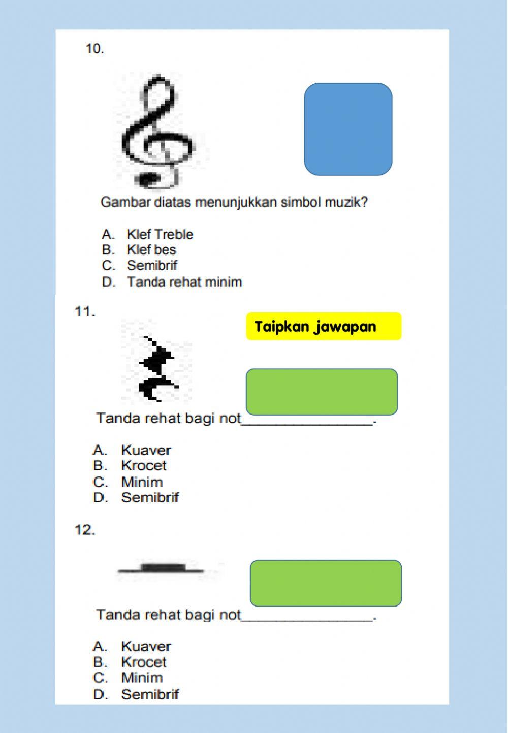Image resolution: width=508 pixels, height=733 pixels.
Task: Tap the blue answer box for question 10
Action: coord(348,129)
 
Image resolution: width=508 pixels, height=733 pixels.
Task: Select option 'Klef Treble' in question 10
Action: coord(160,234)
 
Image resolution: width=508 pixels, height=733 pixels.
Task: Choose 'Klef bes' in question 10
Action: coord(151,250)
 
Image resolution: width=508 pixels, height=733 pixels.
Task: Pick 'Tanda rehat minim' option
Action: coord(184,282)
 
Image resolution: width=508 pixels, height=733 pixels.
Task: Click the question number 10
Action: coord(95,49)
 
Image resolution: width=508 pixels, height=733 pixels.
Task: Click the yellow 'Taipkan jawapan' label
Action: coord(324,326)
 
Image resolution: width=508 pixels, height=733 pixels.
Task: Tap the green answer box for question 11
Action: coord(322,392)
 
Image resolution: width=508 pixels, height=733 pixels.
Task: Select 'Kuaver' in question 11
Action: coord(146,450)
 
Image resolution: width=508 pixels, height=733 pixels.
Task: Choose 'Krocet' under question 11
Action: coord(144,465)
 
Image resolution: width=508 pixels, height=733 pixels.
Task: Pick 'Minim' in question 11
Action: coord(142,482)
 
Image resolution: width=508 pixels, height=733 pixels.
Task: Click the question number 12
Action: coord(85,530)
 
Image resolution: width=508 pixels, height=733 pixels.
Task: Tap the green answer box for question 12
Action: coord(326,583)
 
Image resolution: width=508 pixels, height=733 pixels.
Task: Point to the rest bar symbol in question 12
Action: coord(163,568)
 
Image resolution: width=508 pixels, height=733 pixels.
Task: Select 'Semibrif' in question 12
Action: coord(150,694)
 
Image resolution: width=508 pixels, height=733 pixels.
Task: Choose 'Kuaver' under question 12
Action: coord(146,646)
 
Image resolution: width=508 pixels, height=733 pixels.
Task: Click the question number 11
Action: coord(85,311)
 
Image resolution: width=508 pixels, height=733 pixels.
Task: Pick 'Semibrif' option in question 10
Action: coord(152,266)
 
